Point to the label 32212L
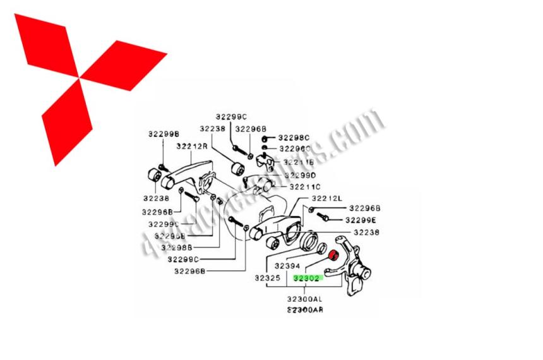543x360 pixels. [325, 198]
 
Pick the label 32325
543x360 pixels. [268, 277]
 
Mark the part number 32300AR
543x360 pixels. [305, 310]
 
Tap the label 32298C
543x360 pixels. [295, 137]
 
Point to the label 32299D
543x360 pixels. [299, 175]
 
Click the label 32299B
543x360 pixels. [164, 134]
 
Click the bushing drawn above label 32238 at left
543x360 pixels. [152, 175]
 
